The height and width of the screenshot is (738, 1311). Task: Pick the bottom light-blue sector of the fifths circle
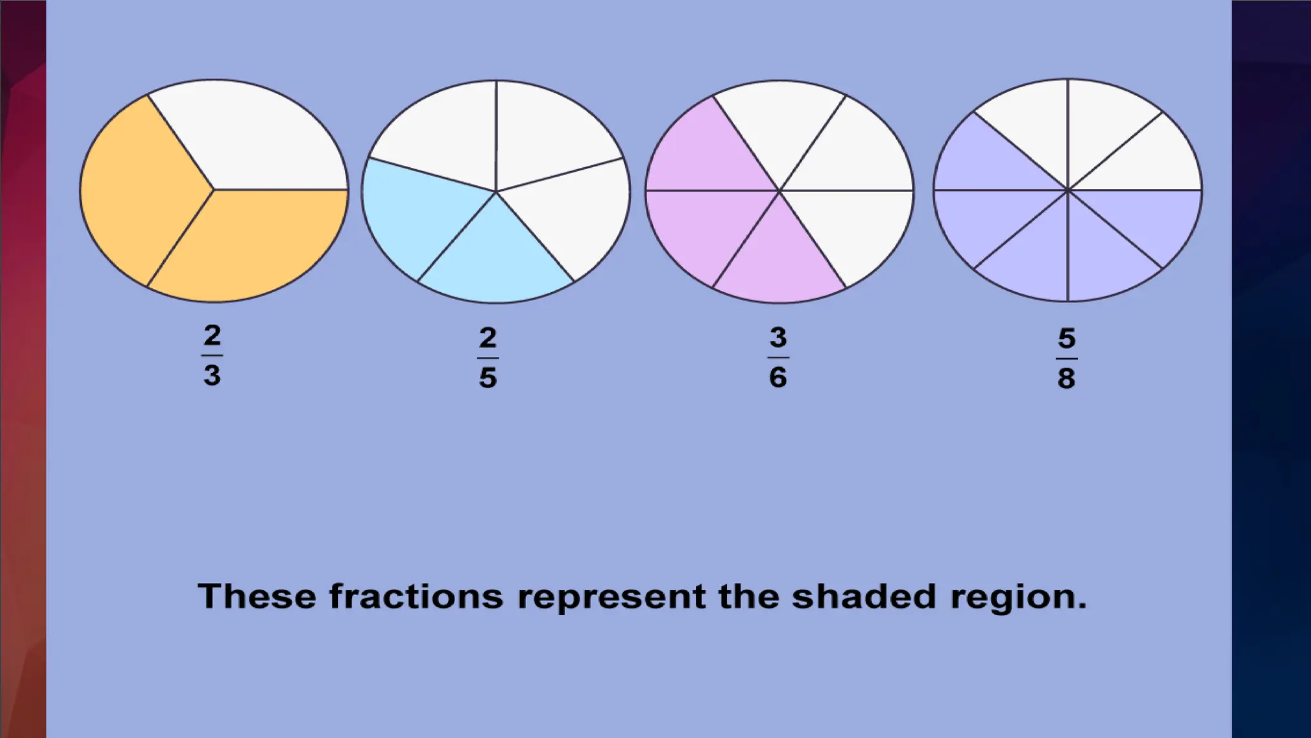click(x=495, y=263)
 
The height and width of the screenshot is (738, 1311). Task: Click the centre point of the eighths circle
click(x=1067, y=190)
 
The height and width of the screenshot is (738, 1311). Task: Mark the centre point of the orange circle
click(x=213, y=190)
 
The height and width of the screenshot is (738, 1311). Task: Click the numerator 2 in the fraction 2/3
click(x=212, y=335)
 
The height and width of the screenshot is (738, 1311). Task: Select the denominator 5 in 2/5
click(x=488, y=377)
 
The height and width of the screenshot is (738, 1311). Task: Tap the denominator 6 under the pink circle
click(x=778, y=377)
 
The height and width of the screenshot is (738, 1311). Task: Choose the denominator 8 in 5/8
click(x=1066, y=378)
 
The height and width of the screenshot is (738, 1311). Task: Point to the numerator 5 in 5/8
click(x=1066, y=338)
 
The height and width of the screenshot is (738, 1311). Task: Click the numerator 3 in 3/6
click(x=778, y=337)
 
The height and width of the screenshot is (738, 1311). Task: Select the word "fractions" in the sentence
click(x=416, y=596)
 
